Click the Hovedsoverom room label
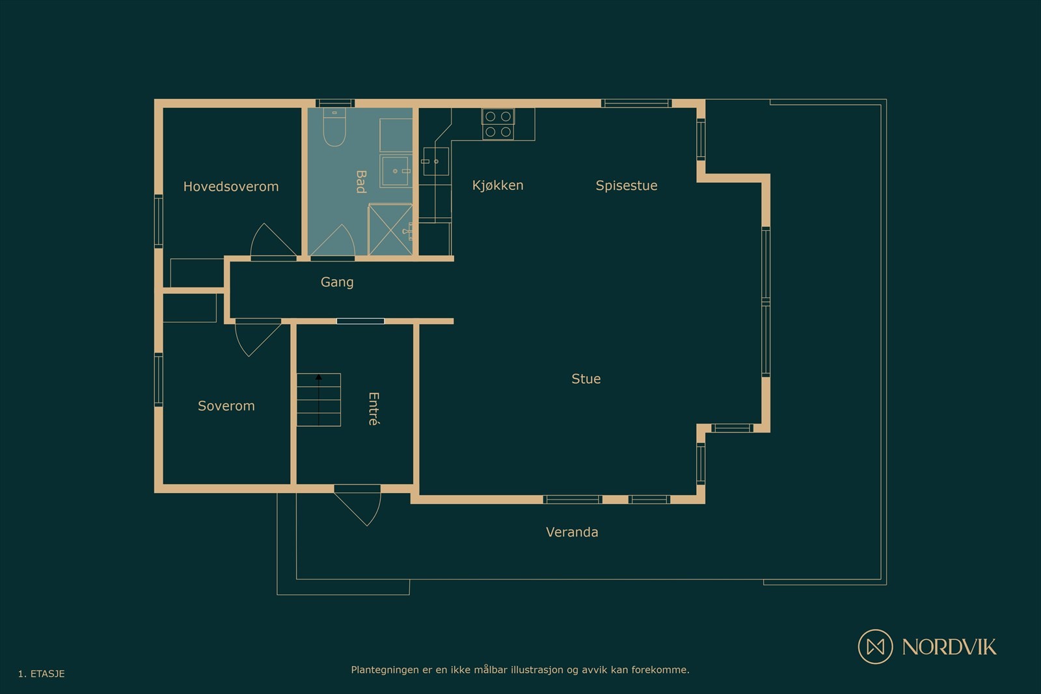tap(231, 187)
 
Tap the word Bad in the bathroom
tap(361, 181)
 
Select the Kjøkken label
tap(498, 185)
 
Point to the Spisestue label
tap(627, 186)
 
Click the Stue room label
tap(586, 379)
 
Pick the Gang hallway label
tap(337, 282)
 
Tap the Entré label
tap(374, 408)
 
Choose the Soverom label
tap(226, 406)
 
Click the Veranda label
tap(572, 532)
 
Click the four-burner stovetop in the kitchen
tap(498, 124)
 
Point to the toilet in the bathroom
tap(334, 127)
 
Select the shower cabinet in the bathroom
tap(390, 230)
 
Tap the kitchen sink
tap(436, 161)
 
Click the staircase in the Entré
tap(319, 400)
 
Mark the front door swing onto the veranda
tap(357, 505)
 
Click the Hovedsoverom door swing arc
tap(273, 241)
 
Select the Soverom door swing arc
tap(258, 338)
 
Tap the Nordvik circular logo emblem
tap(875, 647)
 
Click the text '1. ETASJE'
tap(42, 674)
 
